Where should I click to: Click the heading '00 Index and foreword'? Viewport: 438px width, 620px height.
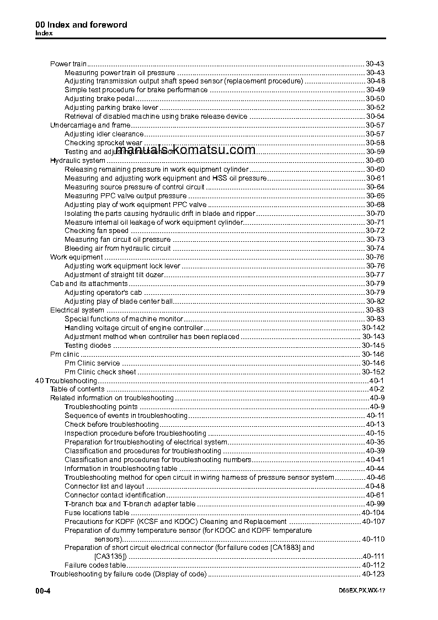click(x=81, y=25)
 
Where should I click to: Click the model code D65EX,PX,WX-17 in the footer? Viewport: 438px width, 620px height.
click(x=361, y=591)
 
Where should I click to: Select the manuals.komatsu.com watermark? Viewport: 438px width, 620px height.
click(x=186, y=150)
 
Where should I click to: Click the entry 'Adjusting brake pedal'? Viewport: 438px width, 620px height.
click(x=99, y=99)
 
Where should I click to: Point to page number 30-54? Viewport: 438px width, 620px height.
click(x=375, y=116)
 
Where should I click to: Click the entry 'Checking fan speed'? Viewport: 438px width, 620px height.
click(x=97, y=231)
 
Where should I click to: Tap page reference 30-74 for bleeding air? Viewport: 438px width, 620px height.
click(x=375, y=248)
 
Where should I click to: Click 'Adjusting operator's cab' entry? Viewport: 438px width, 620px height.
click(x=103, y=293)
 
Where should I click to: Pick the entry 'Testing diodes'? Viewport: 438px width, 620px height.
click(x=88, y=346)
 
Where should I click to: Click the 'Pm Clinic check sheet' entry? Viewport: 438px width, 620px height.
click(x=100, y=372)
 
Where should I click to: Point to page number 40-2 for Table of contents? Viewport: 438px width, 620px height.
click(x=377, y=390)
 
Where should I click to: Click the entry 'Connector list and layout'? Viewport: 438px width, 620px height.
click(x=104, y=486)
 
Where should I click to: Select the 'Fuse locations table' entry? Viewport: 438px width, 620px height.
click(x=97, y=513)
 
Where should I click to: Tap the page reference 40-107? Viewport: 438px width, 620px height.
click(x=373, y=522)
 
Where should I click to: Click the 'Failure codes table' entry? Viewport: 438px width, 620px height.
click(x=95, y=565)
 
